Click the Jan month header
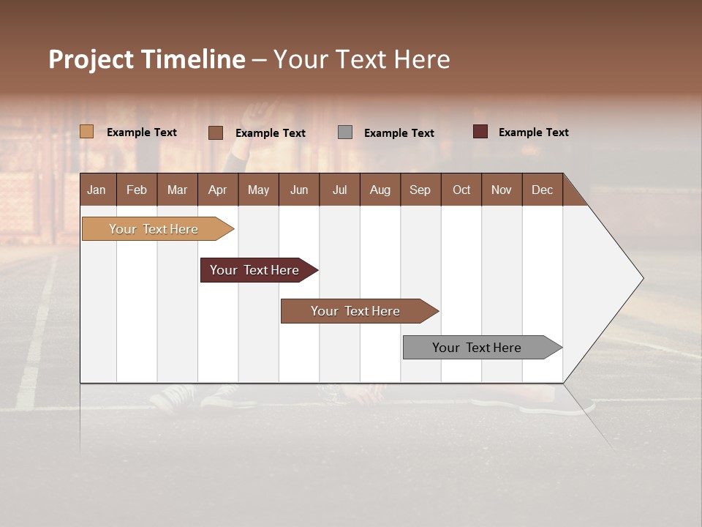pyautogui.click(x=97, y=190)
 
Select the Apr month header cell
pyautogui.click(x=217, y=190)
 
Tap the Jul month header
pyautogui.click(x=339, y=190)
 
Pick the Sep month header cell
pyautogui.click(x=420, y=190)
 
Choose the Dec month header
pyautogui.click(x=542, y=190)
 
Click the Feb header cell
pyautogui.click(x=137, y=190)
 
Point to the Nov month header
pyautogui.click(x=501, y=190)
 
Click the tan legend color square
pyautogui.click(x=87, y=132)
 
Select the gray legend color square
pyautogui.click(x=345, y=132)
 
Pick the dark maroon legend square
pyautogui.click(x=480, y=132)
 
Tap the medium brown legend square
pyautogui.click(x=216, y=132)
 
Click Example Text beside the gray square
pyautogui.click(x=399, y=133)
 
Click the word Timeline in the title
pyautogui.click(x=192, y=59)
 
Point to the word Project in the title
pyautogui.click(x=89, y=59)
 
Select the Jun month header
pyautogui.click(x=299, y=190)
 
